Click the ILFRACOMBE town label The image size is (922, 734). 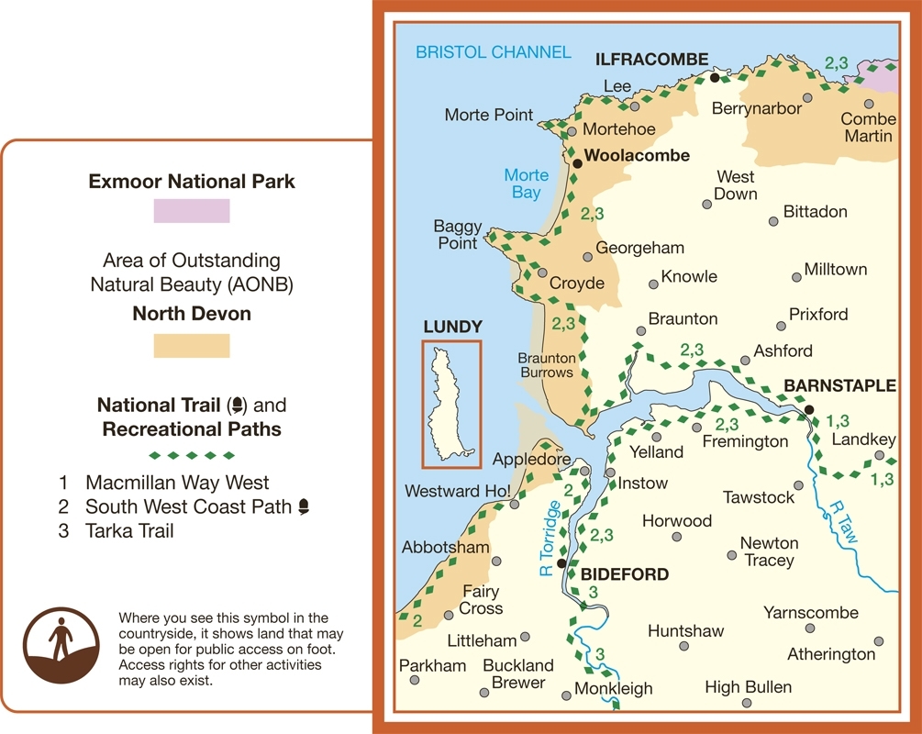(x=651, y=60)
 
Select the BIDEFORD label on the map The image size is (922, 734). (x=624, y=574)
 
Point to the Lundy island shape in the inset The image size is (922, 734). (x=450, y=404)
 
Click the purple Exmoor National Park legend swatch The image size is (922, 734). (x=192, y=211)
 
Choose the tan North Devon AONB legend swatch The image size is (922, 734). (x=192, y=345)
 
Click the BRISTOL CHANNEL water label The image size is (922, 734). (x=493, y=52)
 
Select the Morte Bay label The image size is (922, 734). (x=527, y=183)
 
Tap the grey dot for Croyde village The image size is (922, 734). (x=542, y=272)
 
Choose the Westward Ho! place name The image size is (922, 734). (x=458, y=491)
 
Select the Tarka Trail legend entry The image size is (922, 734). (x=129, y=530)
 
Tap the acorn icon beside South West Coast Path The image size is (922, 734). (x=304, y=506)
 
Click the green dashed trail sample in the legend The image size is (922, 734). (x=192, y=455)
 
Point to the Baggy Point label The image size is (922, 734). (x=456, y=235)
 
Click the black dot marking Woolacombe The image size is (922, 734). (x=577, y=163)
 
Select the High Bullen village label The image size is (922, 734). (x=748, y=687)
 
